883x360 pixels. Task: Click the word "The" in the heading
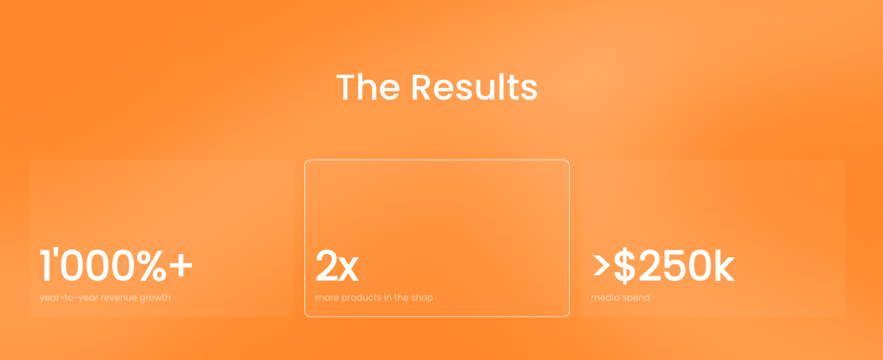pos(368,87)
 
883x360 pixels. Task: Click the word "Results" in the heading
pos(474,87)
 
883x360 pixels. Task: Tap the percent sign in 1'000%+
pos(152,266)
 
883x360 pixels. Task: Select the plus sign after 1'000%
pos(181,266)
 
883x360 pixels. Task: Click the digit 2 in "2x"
pos(326,266)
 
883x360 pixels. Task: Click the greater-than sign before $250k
pos(602,266)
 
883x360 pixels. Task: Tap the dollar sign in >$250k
pos(625,266)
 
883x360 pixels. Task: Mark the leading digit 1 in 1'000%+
pos(46,266)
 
